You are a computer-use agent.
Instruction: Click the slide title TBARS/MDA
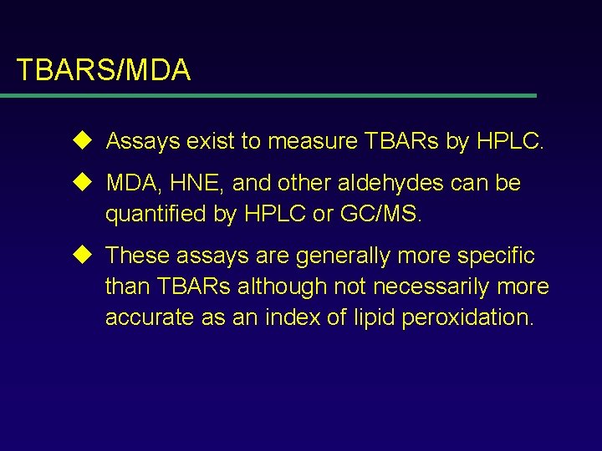pos(103,70)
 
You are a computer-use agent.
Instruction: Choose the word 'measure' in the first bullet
pos(313,142)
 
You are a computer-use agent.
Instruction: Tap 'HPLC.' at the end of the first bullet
pos(510,142)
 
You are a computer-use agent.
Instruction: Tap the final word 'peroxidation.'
pos(467,319)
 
